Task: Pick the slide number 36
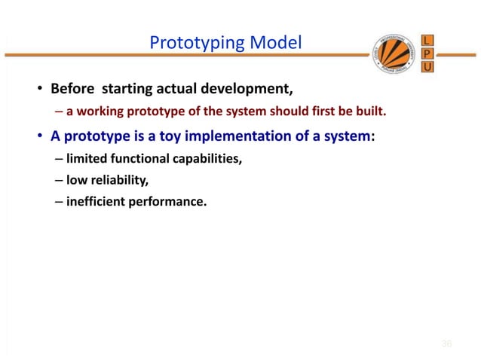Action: (x=446, y=343)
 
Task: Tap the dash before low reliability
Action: (x=58, y=180)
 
